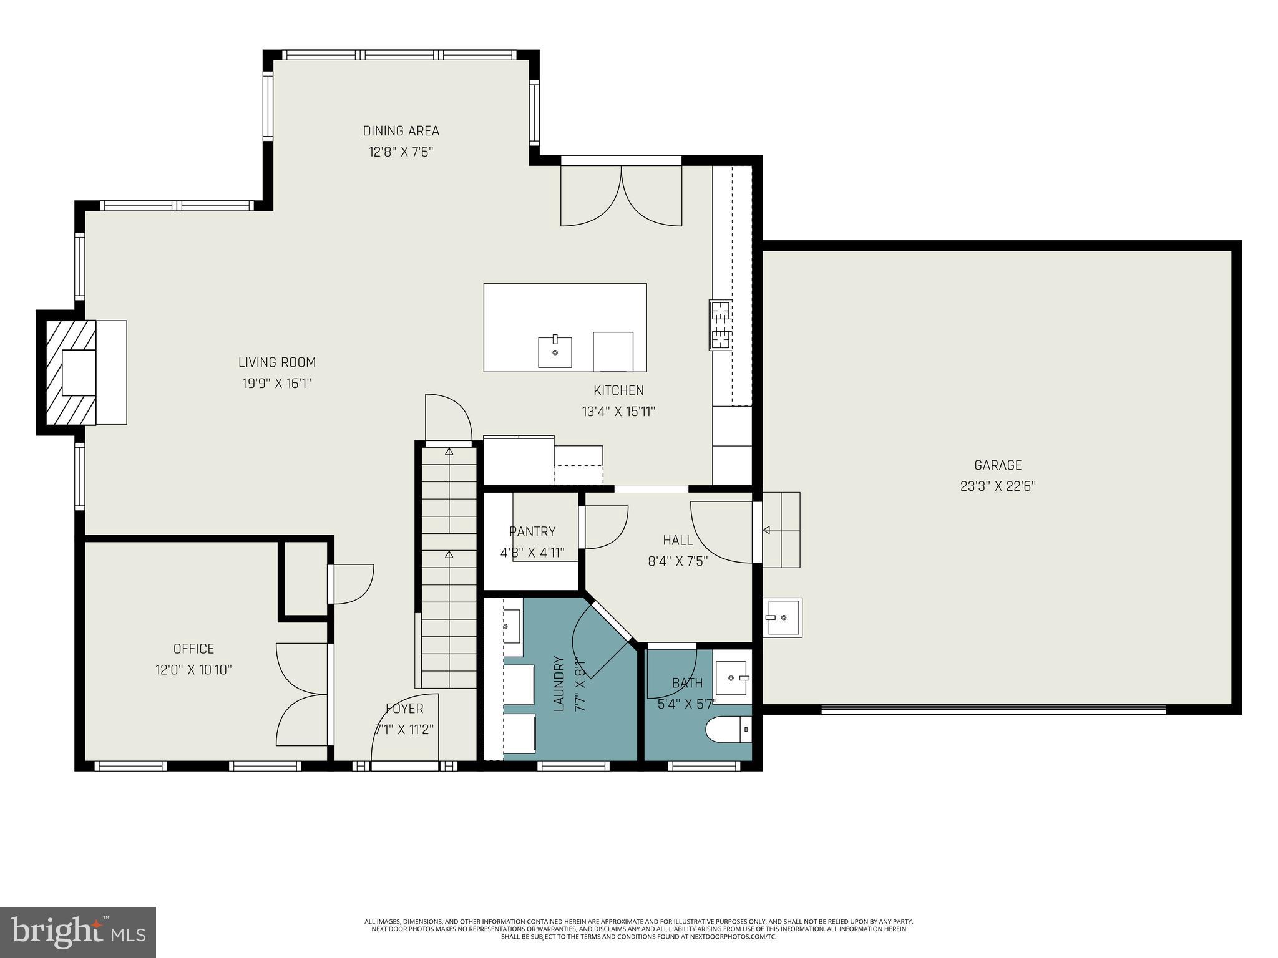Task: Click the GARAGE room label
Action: click(x=997, y=465)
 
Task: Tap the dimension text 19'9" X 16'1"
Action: click(x=276, y=384)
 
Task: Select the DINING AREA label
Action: click(x=401, y=131)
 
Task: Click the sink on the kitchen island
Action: click(x=555, y=352)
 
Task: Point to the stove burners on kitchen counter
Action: click(x=720, y=325)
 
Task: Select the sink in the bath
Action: click(x=731, y=677)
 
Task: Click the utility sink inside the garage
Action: click(x=781, y=617)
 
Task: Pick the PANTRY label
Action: click(x=532, y=531)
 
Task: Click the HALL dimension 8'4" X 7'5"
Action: click(x=677, y=561)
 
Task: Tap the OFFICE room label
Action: click(x=193, y=649)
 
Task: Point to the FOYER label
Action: click(x=404, y=709)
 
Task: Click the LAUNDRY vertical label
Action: click(x=559, y=683)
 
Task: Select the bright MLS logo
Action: click(x=77, y=932)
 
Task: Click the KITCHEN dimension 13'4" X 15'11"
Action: click(x=618, y=412)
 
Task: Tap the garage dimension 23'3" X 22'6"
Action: click(x=997, y=486)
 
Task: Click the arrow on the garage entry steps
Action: click(x=766, y=530)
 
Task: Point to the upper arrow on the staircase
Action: click(x=449, y=451)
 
